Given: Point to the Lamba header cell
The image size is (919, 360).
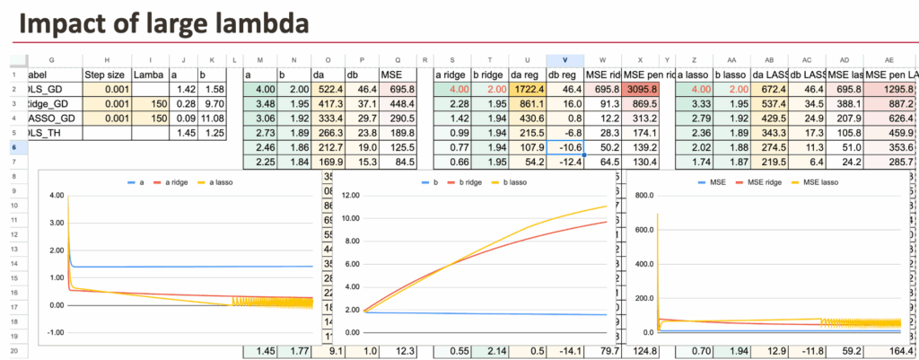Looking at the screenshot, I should (149, 74).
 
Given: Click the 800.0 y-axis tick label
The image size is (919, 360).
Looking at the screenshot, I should (640, 195).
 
